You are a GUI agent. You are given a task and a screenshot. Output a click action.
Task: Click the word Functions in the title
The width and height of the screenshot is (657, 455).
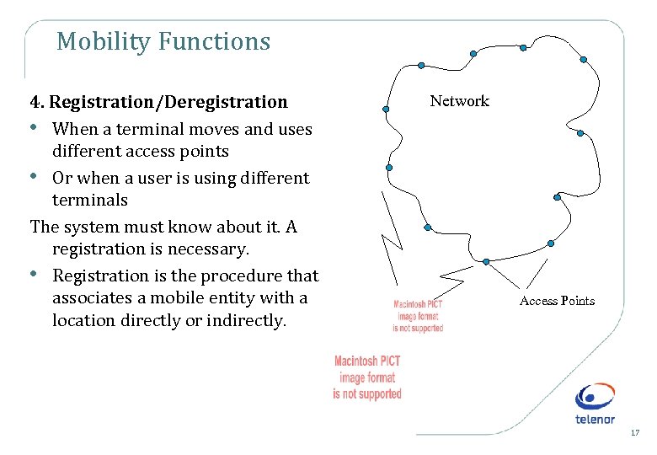point(219,41)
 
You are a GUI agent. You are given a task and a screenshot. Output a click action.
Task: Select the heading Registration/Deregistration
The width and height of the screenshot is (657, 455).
point(168,102)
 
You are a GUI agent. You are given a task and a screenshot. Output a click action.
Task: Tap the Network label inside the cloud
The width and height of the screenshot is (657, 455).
point(459,101)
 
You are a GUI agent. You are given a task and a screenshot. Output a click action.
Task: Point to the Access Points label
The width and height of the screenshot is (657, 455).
point(557,301)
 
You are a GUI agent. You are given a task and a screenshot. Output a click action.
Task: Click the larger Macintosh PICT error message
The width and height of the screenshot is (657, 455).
point(367,377)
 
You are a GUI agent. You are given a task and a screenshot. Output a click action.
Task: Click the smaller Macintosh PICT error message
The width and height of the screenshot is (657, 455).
point(419,316)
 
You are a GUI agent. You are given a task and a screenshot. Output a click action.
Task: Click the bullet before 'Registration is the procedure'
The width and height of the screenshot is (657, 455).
point(35,274)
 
